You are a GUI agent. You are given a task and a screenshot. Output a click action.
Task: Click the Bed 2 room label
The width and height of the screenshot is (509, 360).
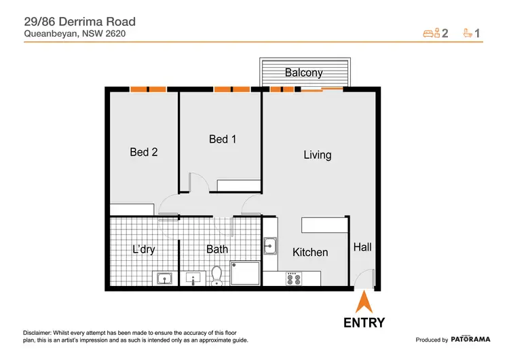(144, 153)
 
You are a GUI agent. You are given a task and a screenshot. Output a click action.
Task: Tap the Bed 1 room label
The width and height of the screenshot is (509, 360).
(223, 139)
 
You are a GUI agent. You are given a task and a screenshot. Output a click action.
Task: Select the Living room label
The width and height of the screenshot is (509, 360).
(317, 155)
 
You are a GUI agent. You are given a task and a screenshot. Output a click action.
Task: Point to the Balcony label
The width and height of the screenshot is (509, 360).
(303, 73)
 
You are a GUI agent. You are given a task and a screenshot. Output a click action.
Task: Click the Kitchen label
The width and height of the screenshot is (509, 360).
(310, 252)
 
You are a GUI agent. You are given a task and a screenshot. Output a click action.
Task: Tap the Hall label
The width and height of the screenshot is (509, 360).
(362, 248)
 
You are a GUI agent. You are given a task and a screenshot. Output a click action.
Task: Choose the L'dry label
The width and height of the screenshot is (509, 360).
(143, 249)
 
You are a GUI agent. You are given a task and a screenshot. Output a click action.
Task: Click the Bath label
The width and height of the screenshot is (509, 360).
(217, 249)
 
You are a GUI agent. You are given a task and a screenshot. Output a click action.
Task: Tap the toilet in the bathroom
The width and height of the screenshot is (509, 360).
(216, 275)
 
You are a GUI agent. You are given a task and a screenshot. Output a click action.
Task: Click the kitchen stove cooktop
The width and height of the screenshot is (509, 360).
(294, 278)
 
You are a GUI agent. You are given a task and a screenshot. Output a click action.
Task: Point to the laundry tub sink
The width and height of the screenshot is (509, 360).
(164, 277)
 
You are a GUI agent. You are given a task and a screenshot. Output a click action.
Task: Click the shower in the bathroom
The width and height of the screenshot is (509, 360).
(245, 274)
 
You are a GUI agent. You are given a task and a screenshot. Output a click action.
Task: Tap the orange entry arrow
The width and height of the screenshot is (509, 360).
(364, 301)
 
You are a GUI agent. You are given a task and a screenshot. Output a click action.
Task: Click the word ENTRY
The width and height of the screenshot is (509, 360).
(364, 323)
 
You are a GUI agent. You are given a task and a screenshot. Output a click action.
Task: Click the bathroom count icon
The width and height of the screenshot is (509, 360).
(468, 32)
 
